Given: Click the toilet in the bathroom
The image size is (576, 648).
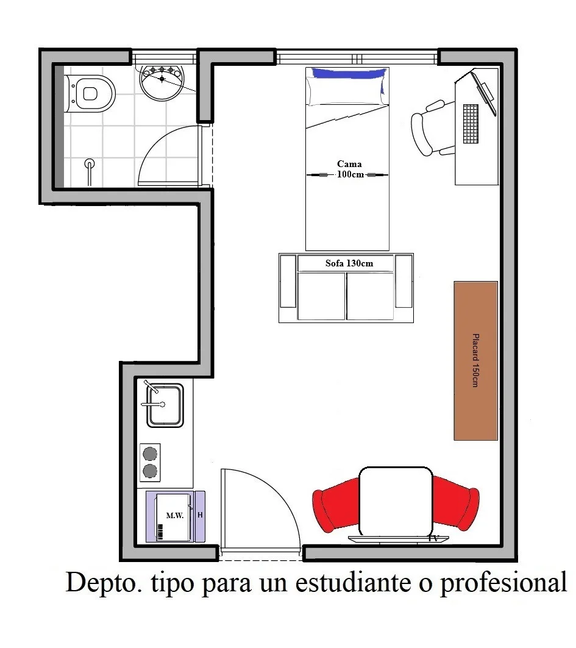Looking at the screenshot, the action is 89,93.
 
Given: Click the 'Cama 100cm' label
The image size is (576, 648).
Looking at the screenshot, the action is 350,169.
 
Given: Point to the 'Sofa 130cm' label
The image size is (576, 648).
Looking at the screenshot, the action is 349,263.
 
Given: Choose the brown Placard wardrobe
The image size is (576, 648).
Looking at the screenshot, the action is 475,361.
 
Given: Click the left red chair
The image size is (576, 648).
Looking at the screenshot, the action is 335,505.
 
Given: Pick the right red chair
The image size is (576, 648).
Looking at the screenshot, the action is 456,503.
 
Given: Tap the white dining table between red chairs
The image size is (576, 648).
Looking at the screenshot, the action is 396,502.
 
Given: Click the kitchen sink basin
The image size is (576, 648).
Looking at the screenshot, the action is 165,405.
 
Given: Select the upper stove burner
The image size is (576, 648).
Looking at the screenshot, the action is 150,454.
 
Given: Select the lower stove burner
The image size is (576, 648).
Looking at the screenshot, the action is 150,471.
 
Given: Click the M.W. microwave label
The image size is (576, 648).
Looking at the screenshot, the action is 174,515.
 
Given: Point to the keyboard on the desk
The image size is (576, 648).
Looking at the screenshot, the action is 471,124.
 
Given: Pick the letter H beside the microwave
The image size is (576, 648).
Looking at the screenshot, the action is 200,515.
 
